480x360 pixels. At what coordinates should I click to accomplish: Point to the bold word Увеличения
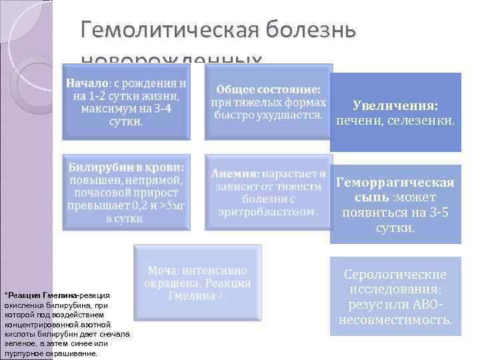tap(395, 106)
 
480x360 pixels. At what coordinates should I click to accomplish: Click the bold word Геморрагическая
tap(395, 182)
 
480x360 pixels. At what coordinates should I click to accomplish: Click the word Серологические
tap(395, 275)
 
